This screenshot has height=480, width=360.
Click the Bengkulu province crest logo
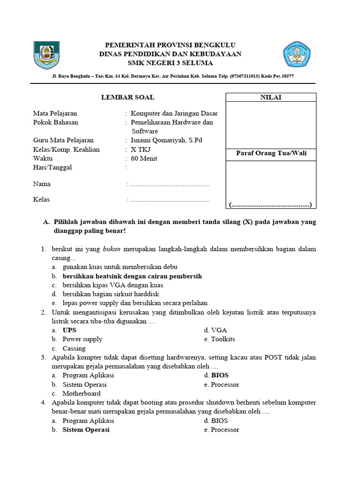46,56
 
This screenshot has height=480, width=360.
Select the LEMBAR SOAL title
128,97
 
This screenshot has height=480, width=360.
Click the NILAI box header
271,97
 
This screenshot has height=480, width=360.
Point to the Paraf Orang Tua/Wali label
271,154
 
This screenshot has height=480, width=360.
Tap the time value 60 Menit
144,158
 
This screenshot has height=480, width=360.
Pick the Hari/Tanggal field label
52,167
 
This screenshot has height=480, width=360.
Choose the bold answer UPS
69,330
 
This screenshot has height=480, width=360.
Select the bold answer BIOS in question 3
220,375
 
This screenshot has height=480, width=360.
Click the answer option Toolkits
223,339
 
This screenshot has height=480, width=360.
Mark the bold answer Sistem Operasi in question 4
86,430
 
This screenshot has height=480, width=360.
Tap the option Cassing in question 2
74,348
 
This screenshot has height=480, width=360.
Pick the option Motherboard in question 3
82,394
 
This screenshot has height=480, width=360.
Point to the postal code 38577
285,76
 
